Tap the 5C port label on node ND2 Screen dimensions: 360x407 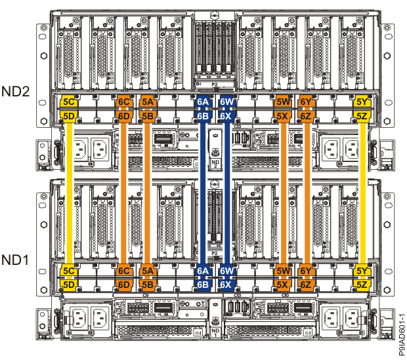(x=68, y=102)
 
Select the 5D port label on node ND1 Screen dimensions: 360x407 (x=68, y=284)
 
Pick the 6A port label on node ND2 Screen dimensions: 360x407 (x=203, y=102)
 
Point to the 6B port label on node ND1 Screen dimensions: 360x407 (x=203, y=284)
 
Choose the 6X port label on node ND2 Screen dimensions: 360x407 (x=227, y=115)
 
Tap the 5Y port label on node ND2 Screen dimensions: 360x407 (x=362, y=102)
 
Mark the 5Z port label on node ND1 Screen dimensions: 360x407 (x=362, y=284)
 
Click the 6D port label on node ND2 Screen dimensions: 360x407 (x=123, y=115)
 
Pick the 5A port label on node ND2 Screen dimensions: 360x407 (x=148, y=102)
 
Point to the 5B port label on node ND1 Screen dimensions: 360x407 (x=148, y=284)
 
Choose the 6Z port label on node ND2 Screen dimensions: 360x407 (x=306, y=115)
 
